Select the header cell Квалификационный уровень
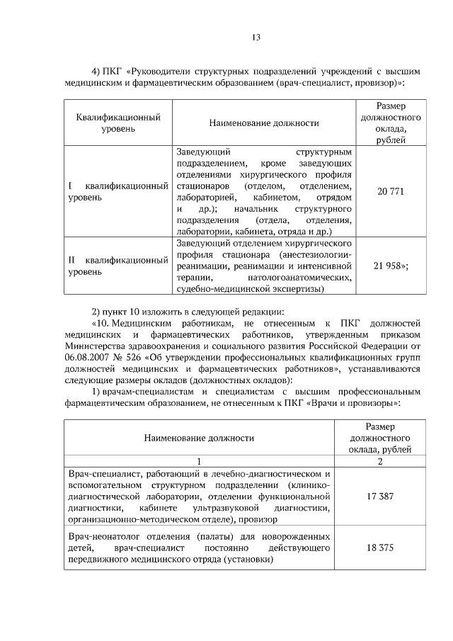118,123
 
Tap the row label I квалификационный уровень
117,191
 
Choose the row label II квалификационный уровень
117,266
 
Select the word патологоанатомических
306,277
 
